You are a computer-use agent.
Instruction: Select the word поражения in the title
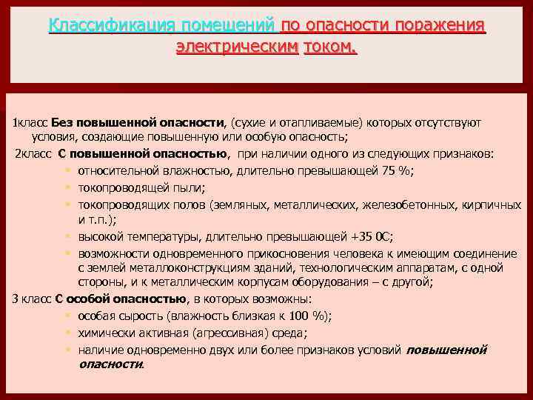440,27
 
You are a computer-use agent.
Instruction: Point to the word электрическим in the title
237,48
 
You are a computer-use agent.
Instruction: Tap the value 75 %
397,170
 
